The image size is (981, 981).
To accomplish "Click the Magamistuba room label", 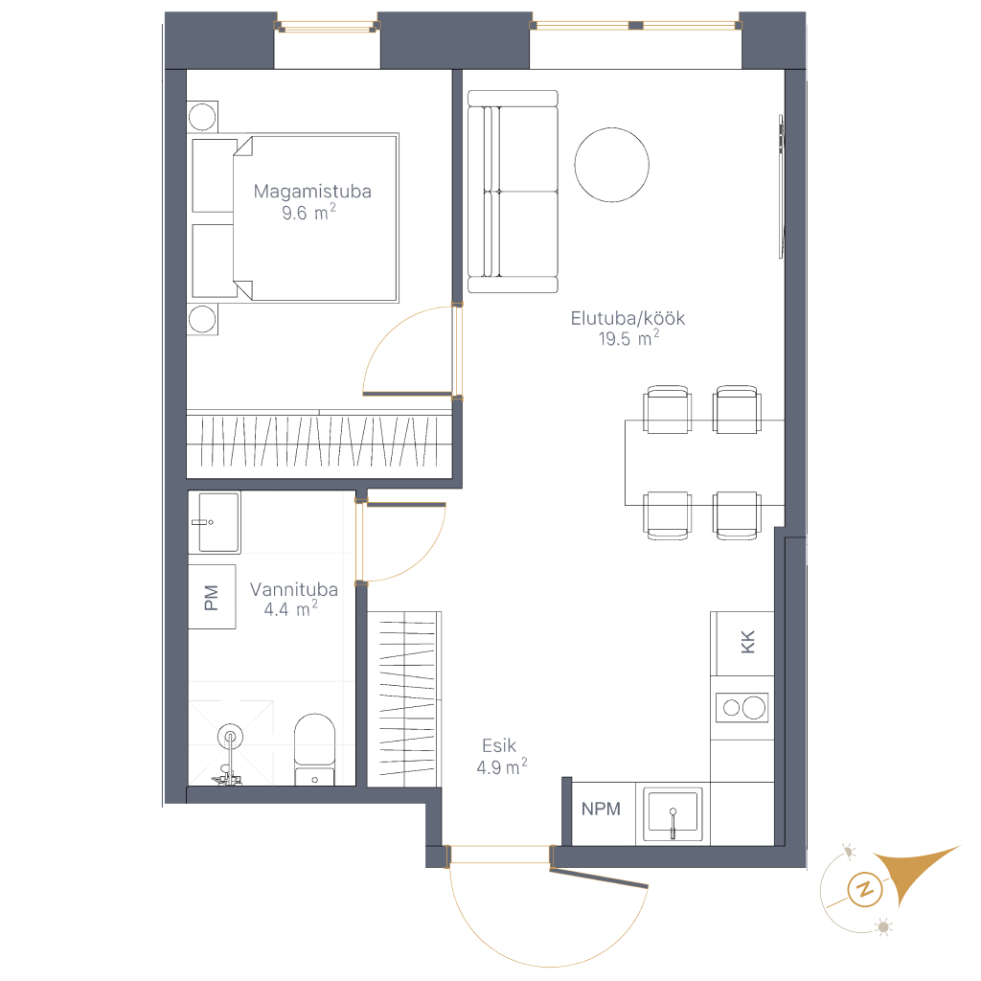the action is (x=312, y=192).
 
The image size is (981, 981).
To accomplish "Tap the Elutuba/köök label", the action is (x=627, y=318).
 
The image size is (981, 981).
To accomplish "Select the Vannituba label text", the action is (x=294, y=589).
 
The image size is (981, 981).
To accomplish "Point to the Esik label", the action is (x=499, y=745).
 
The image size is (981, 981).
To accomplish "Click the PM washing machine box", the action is (x=212, y=597).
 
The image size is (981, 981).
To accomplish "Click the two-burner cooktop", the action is (x=742, y=708).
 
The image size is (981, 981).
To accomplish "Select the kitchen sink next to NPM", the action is (x=673, y=813).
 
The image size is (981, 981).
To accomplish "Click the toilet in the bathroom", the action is (x=314, y=749).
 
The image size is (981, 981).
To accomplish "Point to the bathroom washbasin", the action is (x=215, y=522).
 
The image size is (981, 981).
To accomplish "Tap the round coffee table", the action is (x=612, y=165).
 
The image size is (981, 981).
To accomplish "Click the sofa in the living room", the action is (x=513, y=192).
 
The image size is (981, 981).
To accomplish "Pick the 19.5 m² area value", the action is (x=628, y=338).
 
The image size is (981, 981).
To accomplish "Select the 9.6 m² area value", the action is (x=308, y=212).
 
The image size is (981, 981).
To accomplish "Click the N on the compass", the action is (x=866, y=889).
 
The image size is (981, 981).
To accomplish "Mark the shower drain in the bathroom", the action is (x=230, y=737).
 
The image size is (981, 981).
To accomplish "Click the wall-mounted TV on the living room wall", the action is (x=782, y=186).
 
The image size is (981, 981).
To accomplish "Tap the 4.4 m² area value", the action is (x=291, y=608).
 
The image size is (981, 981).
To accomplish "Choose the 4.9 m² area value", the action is (x=502, y=766).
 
